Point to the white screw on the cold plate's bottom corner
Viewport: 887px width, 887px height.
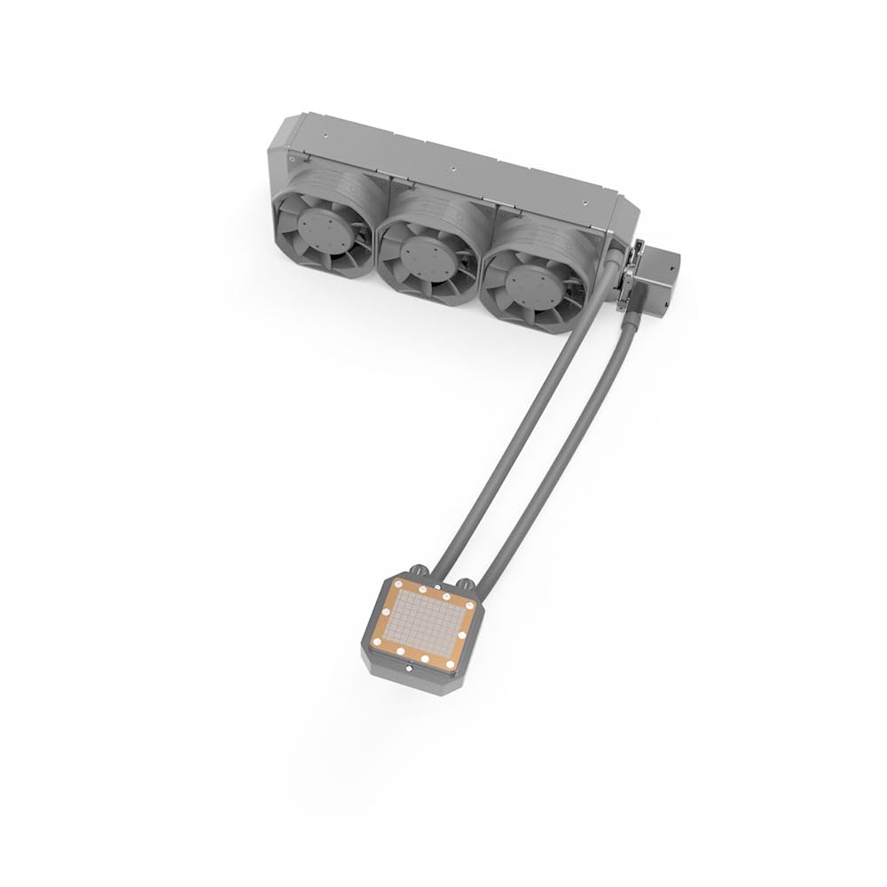402,652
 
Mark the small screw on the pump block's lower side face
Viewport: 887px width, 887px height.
377,663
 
